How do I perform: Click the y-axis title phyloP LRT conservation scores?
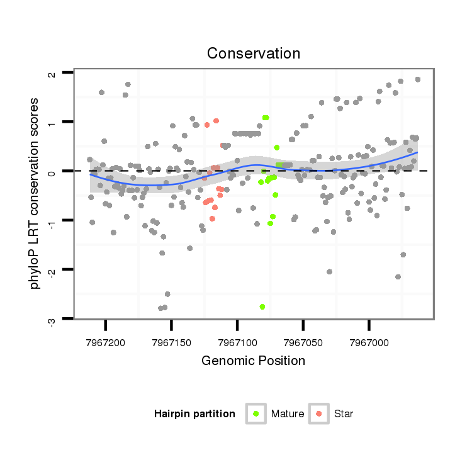pos(35,193)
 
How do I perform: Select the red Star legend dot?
pos(319,413)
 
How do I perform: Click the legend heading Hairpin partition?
pos(194,414)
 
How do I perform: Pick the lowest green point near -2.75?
pos(262,306)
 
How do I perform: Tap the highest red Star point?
pos(216,121)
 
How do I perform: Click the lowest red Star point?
pos(212,218)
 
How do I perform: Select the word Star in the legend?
pos(344,414)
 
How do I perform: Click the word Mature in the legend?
pos(288,414)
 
